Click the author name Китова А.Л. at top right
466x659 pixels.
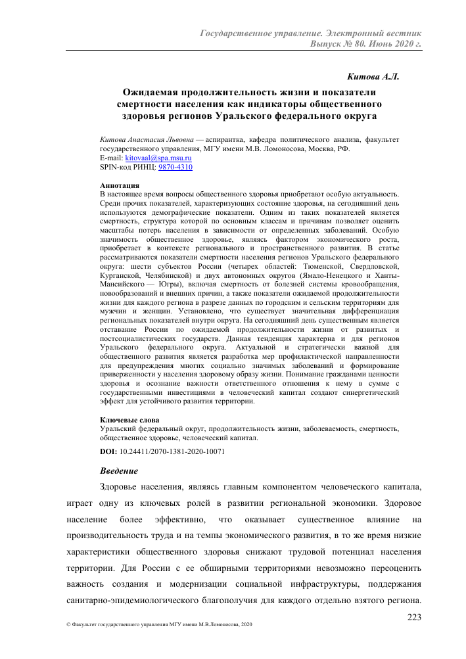(x=373, y=77)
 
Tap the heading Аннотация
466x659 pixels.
(x=119, y=186)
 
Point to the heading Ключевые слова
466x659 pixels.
(x=129, y=420)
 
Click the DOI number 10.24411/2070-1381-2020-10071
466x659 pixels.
(x=173, y=452)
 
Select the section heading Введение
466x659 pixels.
(x=119, y=471)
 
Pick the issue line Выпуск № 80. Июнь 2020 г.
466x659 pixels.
(x=365, y=44)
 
